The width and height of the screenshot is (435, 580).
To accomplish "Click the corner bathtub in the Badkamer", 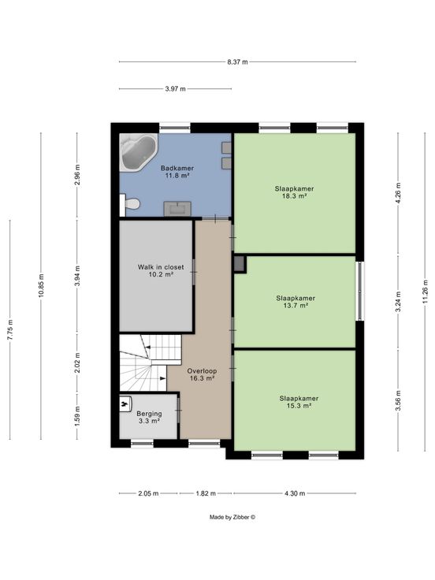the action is (x=139, y=152).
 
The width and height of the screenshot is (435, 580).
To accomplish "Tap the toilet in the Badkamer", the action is (x=130, y=204).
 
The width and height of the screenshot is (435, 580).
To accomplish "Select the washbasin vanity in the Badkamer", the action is (x=177, y=209).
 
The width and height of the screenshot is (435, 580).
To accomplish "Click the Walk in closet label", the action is (x=161, y=267).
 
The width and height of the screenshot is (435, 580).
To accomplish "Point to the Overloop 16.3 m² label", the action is (x=202, y=374).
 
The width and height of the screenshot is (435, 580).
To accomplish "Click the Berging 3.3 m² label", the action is (x=149, y=417).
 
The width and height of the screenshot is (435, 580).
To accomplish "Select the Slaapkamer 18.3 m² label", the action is (x=295, y=192).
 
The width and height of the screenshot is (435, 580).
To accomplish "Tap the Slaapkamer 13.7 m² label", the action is (x=296, y=302).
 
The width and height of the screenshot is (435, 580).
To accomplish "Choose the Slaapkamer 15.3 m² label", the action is (x=299, y=402).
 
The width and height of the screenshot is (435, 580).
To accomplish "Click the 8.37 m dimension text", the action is (x=237, y=62).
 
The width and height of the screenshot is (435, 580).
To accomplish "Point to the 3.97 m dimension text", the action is (x=175, y=89).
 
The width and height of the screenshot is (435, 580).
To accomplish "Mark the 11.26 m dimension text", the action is (x=425, y=292).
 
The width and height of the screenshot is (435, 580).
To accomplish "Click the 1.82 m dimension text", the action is (x=206, y=493).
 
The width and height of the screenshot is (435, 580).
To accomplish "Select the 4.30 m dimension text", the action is (x=295, y=493).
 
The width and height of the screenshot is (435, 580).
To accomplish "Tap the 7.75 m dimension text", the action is (x=10, y=329).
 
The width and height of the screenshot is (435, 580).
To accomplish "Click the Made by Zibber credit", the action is (x=232, y=517).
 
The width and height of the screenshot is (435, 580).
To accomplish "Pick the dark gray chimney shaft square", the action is (x=240, y=264).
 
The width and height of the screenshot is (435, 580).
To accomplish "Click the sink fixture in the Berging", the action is (x=126, y=403).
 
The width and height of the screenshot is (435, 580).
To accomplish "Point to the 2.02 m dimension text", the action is (x=77, y=362).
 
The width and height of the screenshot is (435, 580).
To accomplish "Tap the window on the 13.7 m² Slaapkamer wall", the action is (x=359, y=291).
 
